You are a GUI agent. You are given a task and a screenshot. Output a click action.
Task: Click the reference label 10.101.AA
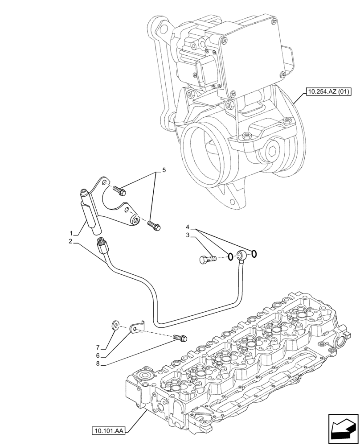coord(109,431)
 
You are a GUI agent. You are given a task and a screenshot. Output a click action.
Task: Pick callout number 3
coord(188,235)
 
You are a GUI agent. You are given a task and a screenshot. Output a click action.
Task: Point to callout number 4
coord(188,227)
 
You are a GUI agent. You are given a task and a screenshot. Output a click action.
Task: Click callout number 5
coord(164,170)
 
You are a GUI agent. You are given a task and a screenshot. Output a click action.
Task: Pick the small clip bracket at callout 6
coord(135,328)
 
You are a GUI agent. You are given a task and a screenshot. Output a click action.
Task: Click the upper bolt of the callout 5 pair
coord(120,190)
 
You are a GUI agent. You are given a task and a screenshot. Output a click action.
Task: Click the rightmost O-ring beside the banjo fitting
coord(254,254)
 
